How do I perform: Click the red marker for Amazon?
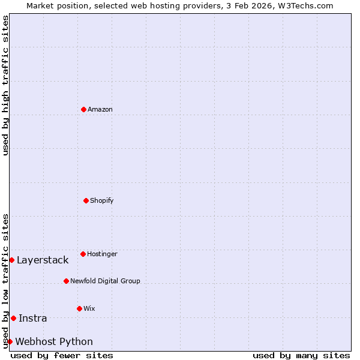pyautogui.click(x=83, y=109)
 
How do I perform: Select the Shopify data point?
pyautogui.click(x=86, y=200)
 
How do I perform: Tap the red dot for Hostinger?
pyautogui.click(x=83, y=254)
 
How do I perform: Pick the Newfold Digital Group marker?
pyautogui.click(x=66, y=281)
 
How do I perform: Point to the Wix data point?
pyautogui.click(x=79, y=308)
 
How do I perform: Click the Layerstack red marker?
pyautogui.click(x=11, y=260)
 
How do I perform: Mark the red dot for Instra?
pyautogui.click(x=13, y=318)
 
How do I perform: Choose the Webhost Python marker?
pyautogui.click(x=10, y=341)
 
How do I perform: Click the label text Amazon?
pyautogui.click(x=100, y=109)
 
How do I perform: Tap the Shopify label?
pyautogui.click(x=102, y=200)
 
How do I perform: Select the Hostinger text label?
pyautogui.click(x=102, y=254)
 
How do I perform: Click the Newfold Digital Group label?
pyautogui.click(x=105, y=281)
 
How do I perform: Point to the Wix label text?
pyautogui.click(x=89, y=308)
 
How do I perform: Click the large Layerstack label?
pyautogui.click(x=43, y=260)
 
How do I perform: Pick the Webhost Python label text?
pyautogui.click(x=54, y=341)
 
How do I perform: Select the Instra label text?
pyautogui.click(x=33, y=318)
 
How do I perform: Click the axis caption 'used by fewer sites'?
pyautogui.click(x=62, y=355)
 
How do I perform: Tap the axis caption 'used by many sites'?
pyautogui.click(x=301, y=355)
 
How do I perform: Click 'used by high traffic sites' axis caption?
pyautogui.click(x=5, y=85)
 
